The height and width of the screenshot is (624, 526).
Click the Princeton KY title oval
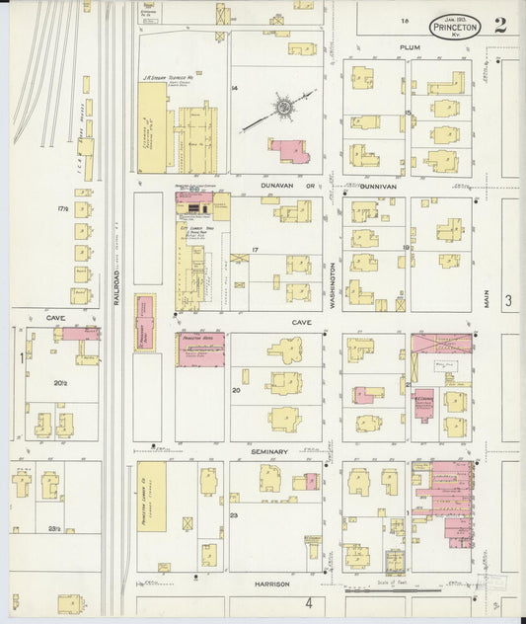(x=455, y=27)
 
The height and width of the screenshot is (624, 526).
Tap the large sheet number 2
(x=500, y=26)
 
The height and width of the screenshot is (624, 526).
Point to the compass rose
(x=283, y=107)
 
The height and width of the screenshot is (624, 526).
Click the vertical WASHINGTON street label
(x=333, y=285)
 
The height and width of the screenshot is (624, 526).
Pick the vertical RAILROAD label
(x=115, y=282)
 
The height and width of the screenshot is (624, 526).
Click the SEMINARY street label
(x=268, y=451)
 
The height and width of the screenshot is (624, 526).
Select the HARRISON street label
(x=273, y=584)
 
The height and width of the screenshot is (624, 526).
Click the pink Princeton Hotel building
(x=200, y=350)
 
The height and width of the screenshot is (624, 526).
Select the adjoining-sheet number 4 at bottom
(x=309, y=602)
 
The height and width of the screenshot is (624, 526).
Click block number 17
(x=255, y=250)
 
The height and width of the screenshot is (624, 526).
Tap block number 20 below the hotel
(x=236, y=389)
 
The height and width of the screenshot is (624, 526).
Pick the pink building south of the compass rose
(x=288, y=150)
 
